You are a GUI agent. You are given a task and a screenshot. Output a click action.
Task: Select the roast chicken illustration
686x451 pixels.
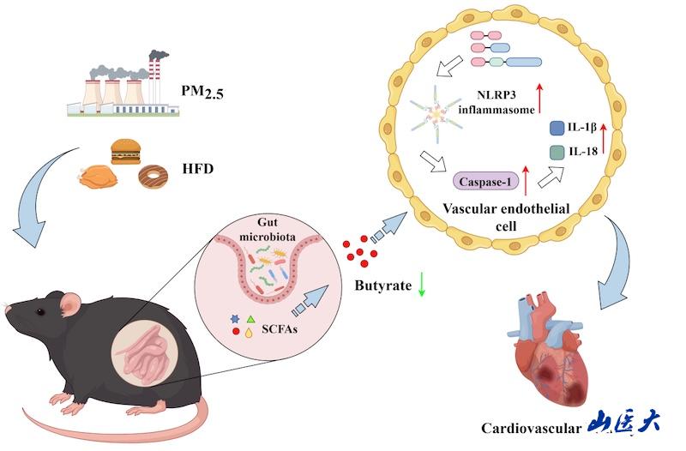click(96, 177)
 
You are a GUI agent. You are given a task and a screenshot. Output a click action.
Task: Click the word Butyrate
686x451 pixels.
click(382, 284)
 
